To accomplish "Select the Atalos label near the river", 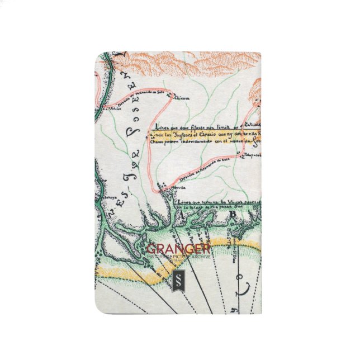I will [115, 108].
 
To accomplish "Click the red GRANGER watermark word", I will [178, 248].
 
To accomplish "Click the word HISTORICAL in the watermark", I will [158, 257].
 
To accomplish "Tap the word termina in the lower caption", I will [208, 199].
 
